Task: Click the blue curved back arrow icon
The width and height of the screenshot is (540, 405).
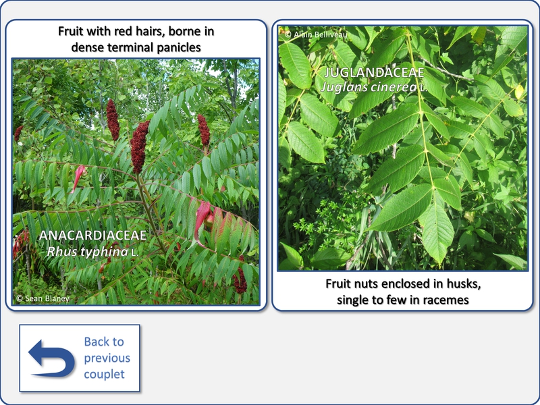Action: pos(52,358)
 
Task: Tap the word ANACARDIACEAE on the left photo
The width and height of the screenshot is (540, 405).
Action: pos(93,235)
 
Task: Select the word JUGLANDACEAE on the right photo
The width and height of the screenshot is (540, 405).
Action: pos(375,72)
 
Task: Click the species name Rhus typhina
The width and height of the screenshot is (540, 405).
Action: pos(88,252)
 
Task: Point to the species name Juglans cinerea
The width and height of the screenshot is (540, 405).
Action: pos(369,87)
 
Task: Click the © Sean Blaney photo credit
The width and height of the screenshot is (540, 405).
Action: pos(43,298)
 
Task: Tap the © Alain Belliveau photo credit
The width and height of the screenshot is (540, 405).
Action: pos(316,34)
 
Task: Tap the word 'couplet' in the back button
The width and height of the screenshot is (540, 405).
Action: pos(105,375)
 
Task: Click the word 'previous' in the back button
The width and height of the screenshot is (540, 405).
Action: pos(107,358)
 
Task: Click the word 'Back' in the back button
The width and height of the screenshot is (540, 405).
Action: pos(97,342)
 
